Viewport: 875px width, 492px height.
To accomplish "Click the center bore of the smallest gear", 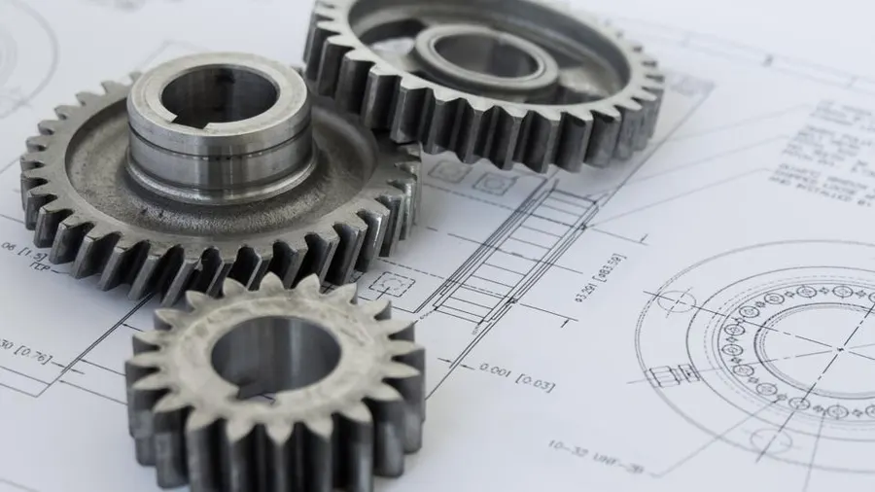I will pyautogui.click(x=275, y=354).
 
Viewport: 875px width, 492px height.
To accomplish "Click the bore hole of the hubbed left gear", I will pyautogui.click(x=219, y=94).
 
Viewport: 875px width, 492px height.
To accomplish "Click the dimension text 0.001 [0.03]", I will pyautogui.click(x=515, y=377).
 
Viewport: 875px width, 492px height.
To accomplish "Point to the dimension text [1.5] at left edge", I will pyautogui.click(x=21, y=255).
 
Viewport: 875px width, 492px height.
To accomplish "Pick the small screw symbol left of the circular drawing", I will pyautogui.click(x=673, y=373).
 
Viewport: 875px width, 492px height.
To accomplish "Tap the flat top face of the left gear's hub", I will pyautogui.click(x=282, y=88).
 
